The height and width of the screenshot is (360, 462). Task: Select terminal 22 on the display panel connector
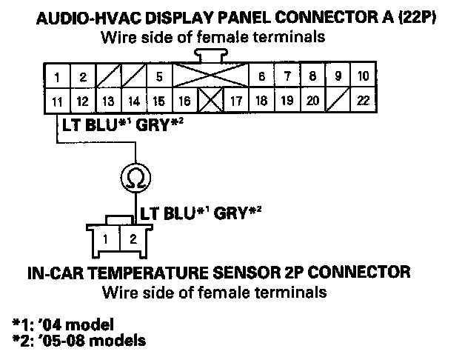(x=363, y=100)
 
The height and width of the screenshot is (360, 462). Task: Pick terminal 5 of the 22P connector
(x=158, y=76)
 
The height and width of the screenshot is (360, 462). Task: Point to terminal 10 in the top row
(x=363, y=76)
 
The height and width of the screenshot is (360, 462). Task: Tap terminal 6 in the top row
(x=261, y=76)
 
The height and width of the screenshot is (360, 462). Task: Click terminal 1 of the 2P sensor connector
(x=107, y=239)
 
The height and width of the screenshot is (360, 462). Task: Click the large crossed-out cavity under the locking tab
(x=210, y=76)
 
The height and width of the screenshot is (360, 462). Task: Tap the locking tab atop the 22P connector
(x=210, y=55)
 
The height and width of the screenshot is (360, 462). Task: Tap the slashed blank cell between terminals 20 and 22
(x=338, y=100)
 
